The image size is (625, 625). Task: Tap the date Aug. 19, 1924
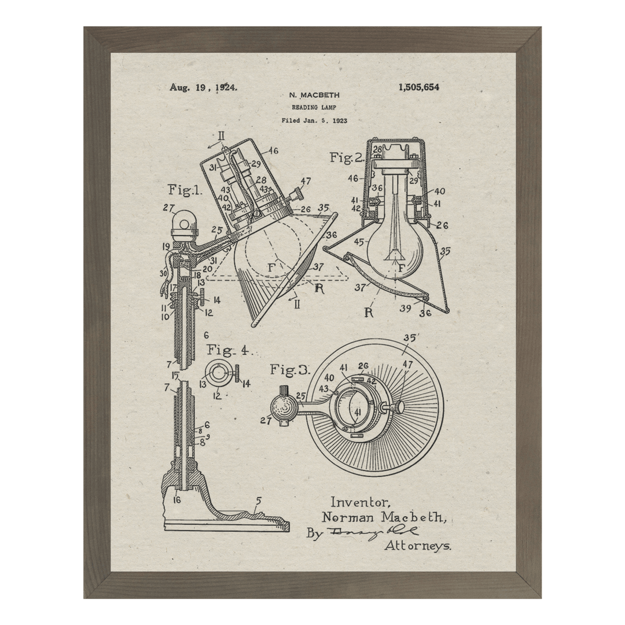click(x=203, y=88)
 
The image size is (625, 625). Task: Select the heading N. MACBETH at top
click(x=314, y=95)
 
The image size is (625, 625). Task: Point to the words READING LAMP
click(x=313, y=107)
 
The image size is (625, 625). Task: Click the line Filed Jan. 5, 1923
click(x=314, y=120)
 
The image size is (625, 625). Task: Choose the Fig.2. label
click(x=346, y=157)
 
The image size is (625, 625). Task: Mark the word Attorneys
click(x=418, y=545)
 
